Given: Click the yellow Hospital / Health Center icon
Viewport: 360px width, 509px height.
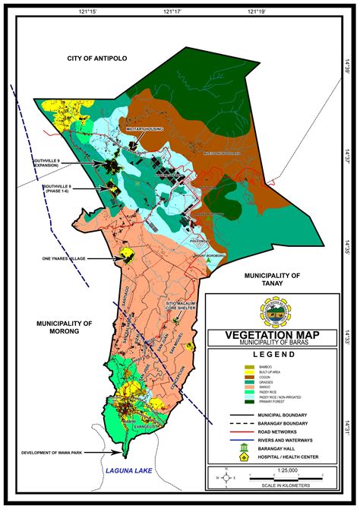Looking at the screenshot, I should pyautogui.click(x=243, y=459).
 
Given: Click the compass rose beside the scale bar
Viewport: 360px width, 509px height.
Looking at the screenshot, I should pyautogui.click(x=225, y=477).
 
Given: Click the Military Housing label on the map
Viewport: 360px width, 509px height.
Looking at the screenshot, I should pyautogui.click(x=150, y=129).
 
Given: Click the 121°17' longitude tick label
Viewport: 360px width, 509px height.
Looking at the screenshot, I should pyautogui.click(x=174, y=13).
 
